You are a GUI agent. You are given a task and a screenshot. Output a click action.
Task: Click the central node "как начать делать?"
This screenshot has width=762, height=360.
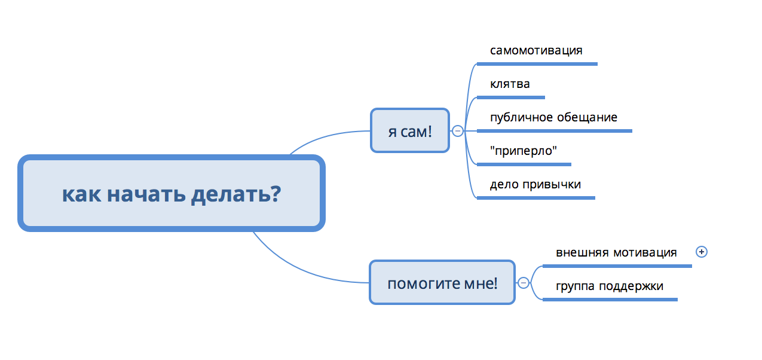coord(172,193)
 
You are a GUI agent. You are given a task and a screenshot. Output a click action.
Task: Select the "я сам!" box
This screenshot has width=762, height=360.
coord(410,130)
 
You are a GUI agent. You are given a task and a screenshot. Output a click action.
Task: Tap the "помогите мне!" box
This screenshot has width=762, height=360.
coord(442,282)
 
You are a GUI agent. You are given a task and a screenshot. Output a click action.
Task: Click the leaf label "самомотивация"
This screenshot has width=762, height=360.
coord(536,50)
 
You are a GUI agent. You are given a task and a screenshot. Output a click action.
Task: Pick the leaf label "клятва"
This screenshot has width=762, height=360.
coord(510,84)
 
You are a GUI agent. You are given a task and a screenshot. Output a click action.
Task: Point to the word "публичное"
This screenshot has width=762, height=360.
coord(521,118)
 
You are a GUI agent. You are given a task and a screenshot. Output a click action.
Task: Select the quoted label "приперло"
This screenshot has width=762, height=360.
coord(523,151)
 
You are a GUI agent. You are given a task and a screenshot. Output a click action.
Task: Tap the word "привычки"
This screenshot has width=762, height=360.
coord(552,185)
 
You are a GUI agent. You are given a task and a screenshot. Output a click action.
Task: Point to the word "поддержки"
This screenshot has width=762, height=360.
coord(631,286)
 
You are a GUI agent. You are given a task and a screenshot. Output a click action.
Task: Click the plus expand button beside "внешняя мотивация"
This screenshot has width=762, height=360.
coord(702,252)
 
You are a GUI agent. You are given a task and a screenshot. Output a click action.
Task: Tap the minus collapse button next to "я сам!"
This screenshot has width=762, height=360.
coord(458,130)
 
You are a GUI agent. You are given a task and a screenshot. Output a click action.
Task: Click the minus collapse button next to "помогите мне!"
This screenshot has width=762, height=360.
coord(524,282)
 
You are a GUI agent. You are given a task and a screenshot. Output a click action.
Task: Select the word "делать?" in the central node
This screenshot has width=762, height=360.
coord(236,194)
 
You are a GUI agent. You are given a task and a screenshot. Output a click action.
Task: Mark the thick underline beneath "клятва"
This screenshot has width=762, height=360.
coord(511,97)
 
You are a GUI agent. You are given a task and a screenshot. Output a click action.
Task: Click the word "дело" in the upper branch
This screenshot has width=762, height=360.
coord(504,184)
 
